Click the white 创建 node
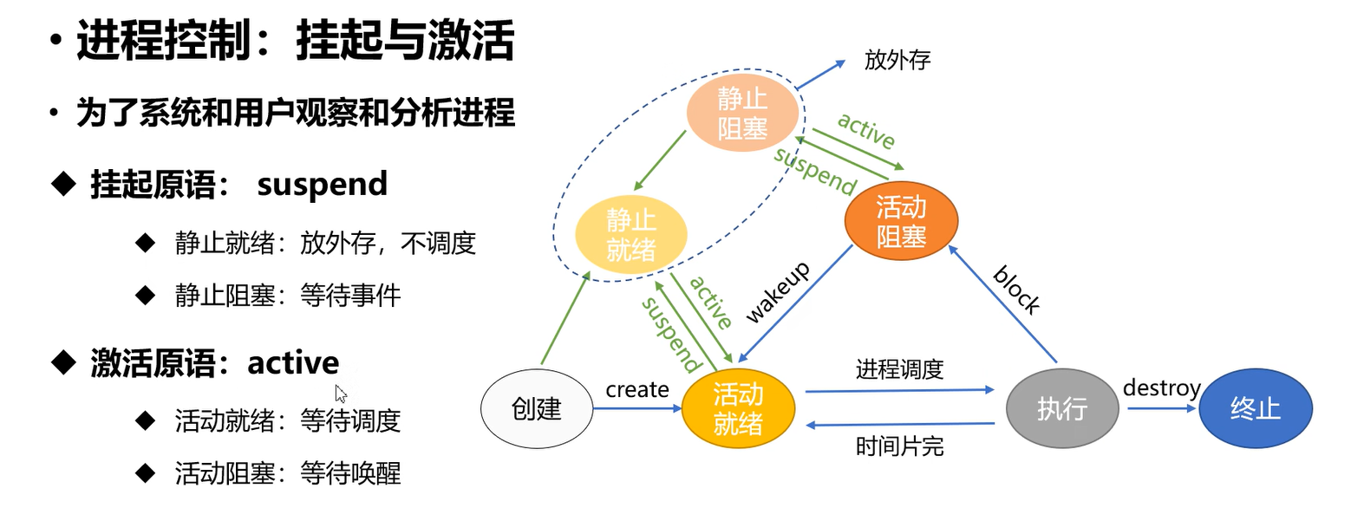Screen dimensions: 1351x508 (536, 408)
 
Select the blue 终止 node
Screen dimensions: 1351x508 (1256, 408)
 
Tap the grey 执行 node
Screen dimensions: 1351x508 (1062, 408)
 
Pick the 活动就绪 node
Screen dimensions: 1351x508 (738, 408)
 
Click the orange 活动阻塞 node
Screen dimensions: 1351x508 (901, 220)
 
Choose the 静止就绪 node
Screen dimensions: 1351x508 (631, 234)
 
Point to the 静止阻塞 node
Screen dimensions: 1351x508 (742, 113)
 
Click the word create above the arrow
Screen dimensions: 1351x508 (636, 390)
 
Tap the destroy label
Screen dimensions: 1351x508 (1162, 388)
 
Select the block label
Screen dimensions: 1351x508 (1017, 290)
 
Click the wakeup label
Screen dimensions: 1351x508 (778, 292)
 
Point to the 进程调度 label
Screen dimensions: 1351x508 (899, 369)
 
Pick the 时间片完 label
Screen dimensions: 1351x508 (899, 446)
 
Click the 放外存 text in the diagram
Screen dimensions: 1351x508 (897, 61)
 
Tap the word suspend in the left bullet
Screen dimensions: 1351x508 (322, 185)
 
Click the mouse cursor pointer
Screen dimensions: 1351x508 (340, 394)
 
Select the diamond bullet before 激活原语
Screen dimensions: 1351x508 (63, 362)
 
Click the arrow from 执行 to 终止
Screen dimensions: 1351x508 (1162, 408)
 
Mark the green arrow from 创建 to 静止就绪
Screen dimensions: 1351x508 (565, 318)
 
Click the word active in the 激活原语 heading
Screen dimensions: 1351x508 (293, 362)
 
